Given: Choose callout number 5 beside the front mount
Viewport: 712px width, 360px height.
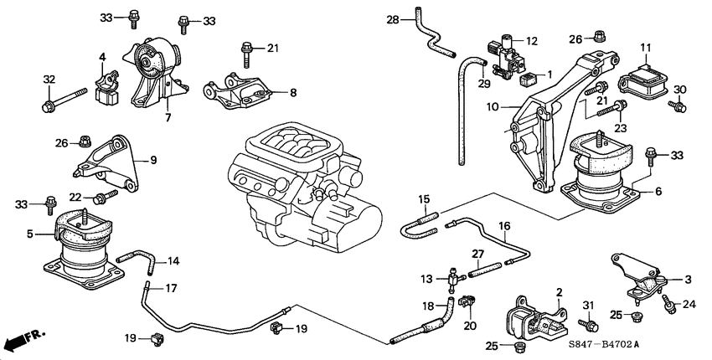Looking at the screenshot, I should point(31,234).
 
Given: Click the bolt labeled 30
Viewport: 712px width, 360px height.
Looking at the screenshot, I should point(677,106).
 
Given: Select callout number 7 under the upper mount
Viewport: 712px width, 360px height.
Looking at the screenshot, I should point(167,117).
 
